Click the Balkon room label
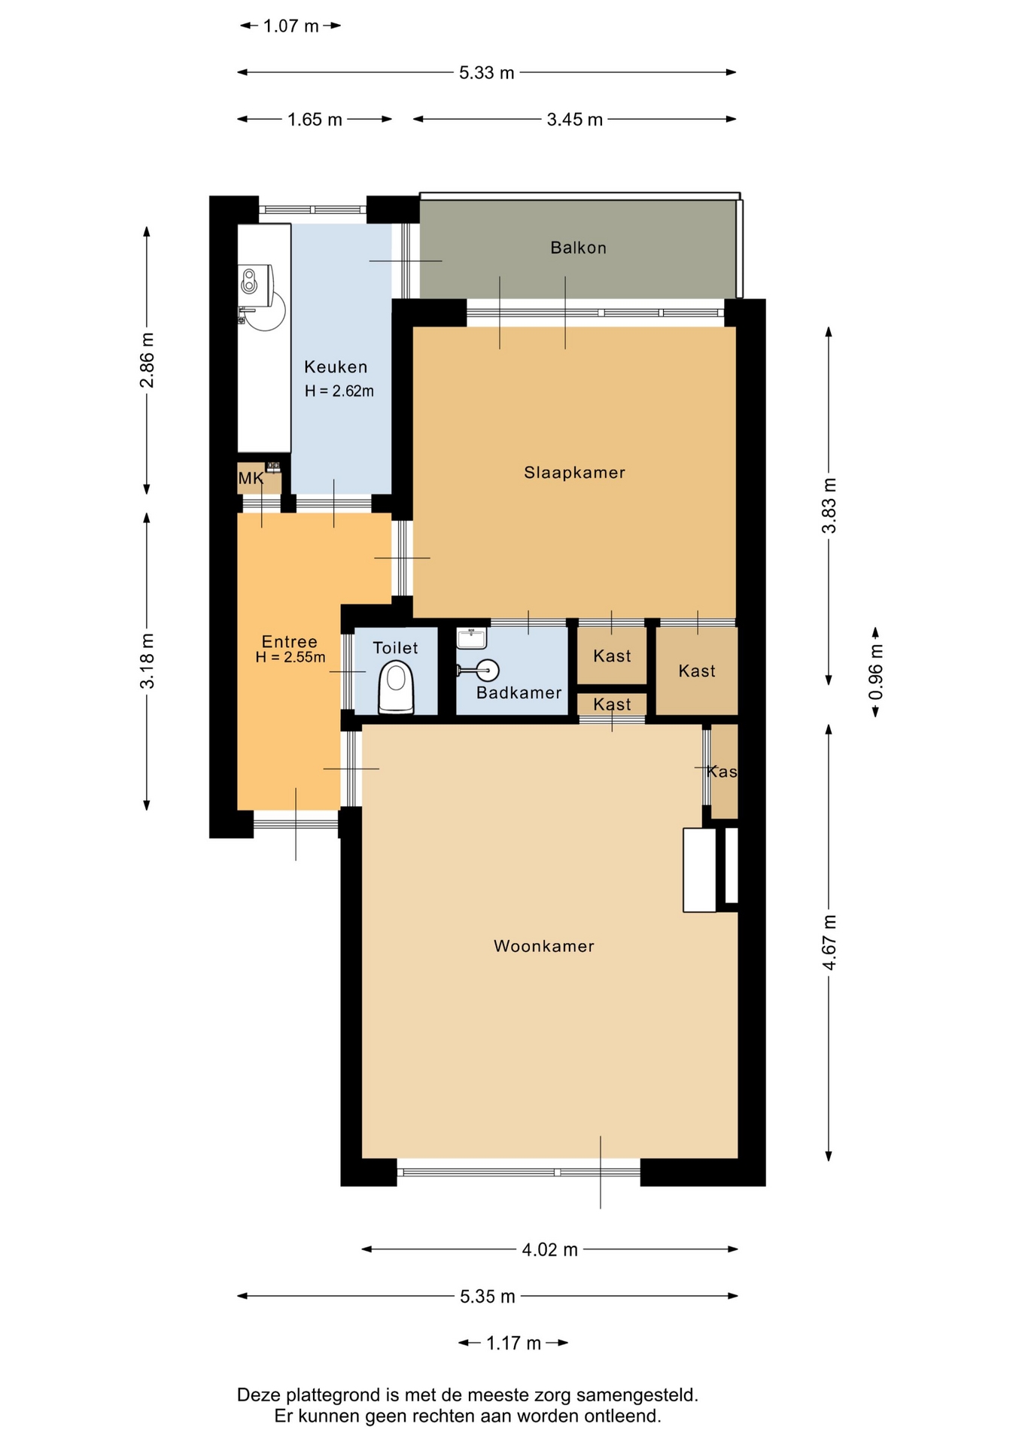point(578,248)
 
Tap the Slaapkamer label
point(574,473)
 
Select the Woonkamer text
point(543,946)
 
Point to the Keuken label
point(336,367)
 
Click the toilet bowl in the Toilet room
point(396,686)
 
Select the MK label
point(251,478)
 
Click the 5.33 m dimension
point(487,73)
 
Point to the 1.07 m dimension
point(290,26)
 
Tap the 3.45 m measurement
point(574,120)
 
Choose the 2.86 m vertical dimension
point(148,360)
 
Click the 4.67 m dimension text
point(829,942)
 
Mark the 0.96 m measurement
point(876,672)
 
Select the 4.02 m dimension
point(549,1250)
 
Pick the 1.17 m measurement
point(513,1343)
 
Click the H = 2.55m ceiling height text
point(290,657)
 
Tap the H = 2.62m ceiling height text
point(339,391)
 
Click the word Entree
point(289,641)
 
